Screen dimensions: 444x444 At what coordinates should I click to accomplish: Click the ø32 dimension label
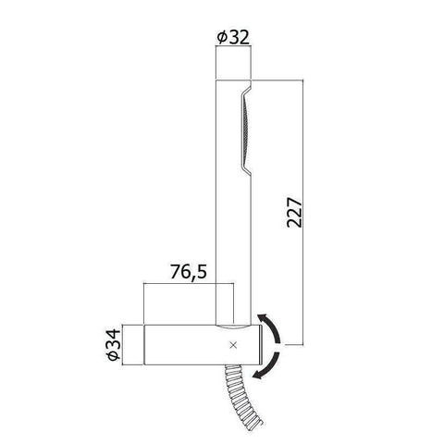click(233, 37)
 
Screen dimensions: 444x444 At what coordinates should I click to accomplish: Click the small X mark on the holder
click(232, 345)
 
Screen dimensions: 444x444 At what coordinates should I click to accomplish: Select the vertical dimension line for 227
click(301, 213)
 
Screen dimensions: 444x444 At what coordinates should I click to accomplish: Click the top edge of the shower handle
click(233, 80)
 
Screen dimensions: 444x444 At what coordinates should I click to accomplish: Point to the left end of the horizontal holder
click(144, 343)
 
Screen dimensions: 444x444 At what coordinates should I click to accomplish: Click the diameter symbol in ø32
click(222, 37)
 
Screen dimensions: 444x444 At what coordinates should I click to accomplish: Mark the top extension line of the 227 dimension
click(277, 80)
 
